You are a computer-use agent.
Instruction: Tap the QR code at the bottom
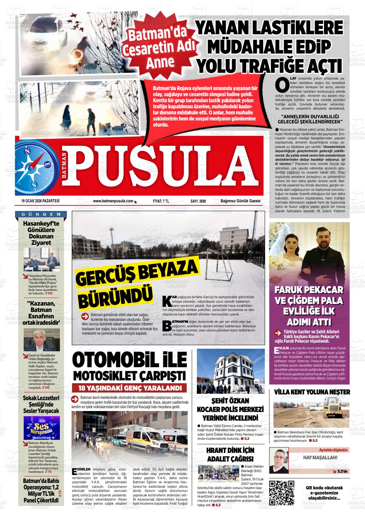pyautogui.click(x=281, y=493)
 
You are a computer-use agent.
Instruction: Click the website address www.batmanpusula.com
pyautogui.click(x=113, y=201)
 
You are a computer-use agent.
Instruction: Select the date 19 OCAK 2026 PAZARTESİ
pyautogui.click(x=41, y=201)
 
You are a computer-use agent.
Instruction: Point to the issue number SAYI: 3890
pyautogui.click(x=198, y=201)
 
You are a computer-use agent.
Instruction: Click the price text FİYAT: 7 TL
pyautogui.click(x=161, y=201)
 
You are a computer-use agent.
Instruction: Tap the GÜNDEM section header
pyautogui.click(x=41, y=214)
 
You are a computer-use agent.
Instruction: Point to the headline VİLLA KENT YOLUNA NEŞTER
pyautogui.click(x=312, y=392)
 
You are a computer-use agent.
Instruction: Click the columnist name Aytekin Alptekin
pyautogui.click(x=333, y=450)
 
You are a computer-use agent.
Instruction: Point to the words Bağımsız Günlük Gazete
pyautogui.click(x=240, y=201)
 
